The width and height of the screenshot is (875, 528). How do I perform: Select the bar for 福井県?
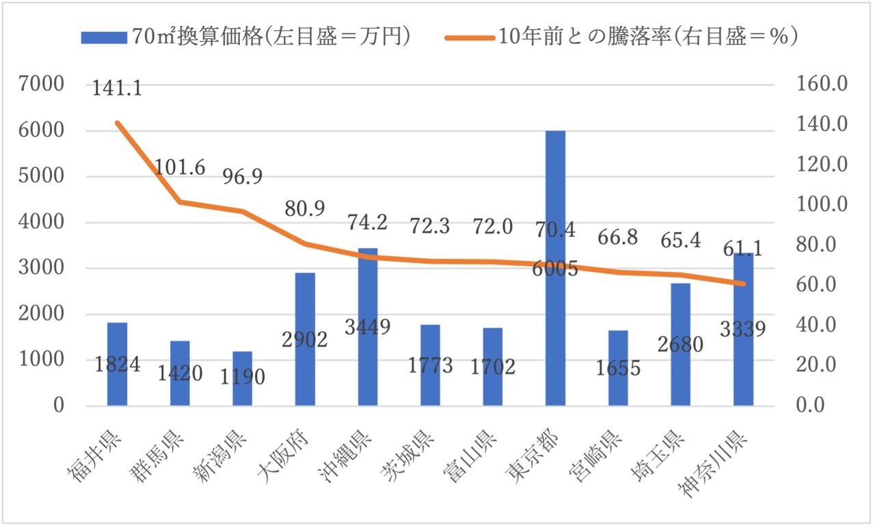click(x=117, y=383)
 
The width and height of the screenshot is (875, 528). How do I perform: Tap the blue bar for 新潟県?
click(x=242, y=389)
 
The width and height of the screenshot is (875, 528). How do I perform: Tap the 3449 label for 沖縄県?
click(x=367, y=327)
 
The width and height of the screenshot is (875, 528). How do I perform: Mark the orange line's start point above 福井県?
click(x=117, y=123)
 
